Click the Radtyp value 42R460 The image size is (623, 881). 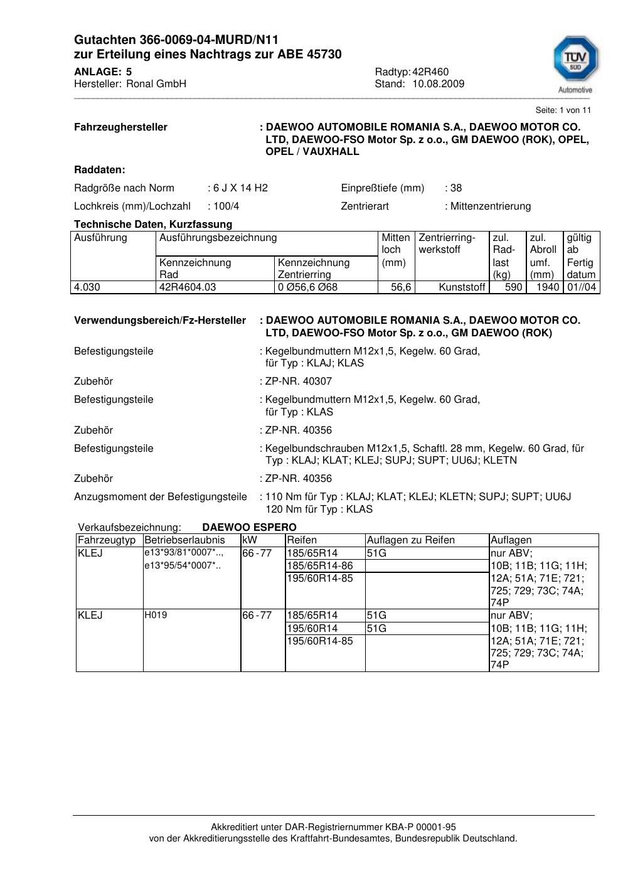pos(430,72)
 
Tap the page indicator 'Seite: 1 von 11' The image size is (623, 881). pos(563,110)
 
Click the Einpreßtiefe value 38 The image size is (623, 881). pos(456,188)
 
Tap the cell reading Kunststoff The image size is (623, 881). pos(462,287)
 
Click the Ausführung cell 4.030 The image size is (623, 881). pos(87,287)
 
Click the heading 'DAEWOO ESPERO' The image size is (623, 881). pos(249,528)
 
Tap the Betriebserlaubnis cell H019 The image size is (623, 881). pos(156,616)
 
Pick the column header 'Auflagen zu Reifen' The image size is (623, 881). pos(410,540)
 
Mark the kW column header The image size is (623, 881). pos(249,540)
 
